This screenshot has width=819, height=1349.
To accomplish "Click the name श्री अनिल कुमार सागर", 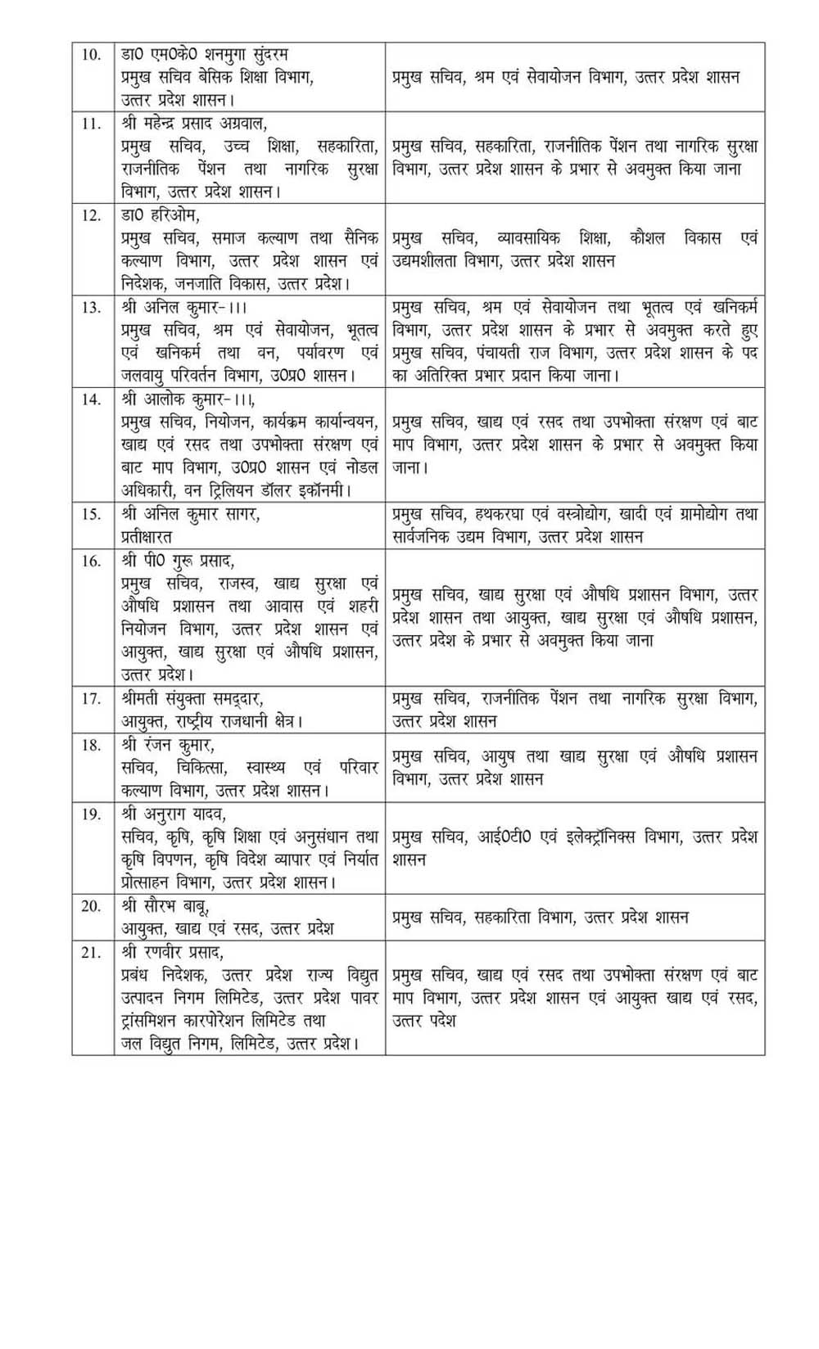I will tap(179, 514).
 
